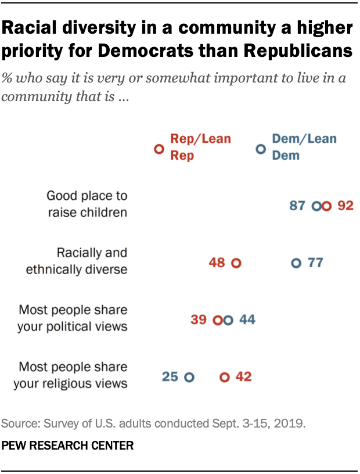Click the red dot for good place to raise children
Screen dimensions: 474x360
tap(327, 206)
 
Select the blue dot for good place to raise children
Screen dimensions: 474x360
tap(317, 206)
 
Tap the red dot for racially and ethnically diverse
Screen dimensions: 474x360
tap(236, 263)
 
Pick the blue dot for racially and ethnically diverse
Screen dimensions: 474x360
tap(296, 263)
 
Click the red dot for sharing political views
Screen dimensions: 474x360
tap(218, 320)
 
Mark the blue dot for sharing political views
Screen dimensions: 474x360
tap(228, 320)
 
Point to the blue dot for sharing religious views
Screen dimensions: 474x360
tap(189, 377)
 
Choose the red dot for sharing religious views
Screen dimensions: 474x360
tap(225, 377)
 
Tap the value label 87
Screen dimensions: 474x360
tap(297, 206)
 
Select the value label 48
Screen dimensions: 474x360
tap(217, 263)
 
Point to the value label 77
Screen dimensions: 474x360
tap(315, 263)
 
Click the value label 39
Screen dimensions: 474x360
tap(199, 320)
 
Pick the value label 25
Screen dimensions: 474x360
tap(170, 377)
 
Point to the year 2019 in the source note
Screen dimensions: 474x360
tap(292, 423)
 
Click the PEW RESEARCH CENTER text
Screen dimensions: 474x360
tap(68, 446)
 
